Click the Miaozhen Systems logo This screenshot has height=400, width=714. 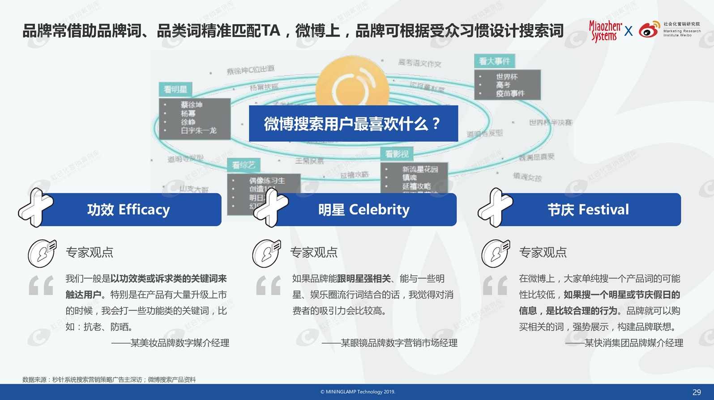point(605,31)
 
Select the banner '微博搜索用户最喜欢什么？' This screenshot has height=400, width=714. point(353,124)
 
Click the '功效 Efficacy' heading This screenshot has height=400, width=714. point(128,210)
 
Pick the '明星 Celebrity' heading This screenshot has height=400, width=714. point(363,210)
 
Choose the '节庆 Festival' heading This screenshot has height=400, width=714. point(588,210)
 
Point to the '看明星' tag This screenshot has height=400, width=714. point(175,89)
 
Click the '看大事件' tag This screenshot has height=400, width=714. point(494,61)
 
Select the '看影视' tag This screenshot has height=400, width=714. point(397,154)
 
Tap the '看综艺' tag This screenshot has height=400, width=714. point(244,165)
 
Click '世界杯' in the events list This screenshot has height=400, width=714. point(507,77)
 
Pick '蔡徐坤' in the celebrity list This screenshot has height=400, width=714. point(192,105)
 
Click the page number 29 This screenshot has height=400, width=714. point(697,392)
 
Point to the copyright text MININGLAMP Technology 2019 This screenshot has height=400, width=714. point(358,392)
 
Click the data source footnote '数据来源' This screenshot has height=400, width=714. point(109,379)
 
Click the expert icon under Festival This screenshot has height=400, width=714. point(495,253)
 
